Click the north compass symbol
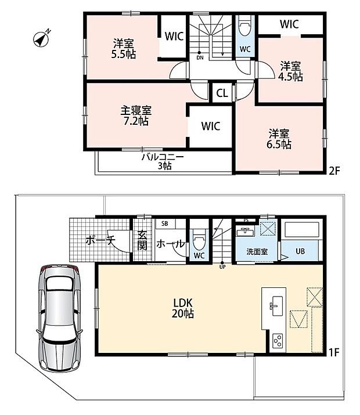pyautogui.click(x=41, y=39)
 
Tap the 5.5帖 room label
pyautogui.click(x=124, y=49)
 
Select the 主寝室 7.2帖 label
pyautogui.click(x=136, y=116)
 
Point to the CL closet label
pyautogui.click(x=222, y=93)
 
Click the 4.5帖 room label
pyautogui.click(x=290, y=71)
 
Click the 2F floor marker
pyautogui.click(x=334, y=171)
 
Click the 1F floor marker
pyautogui.click(x=334, y=352)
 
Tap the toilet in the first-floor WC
pyautogui.click(x=199, y=239)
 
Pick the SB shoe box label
pyautogui.click(x=165, y=223)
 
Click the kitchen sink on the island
pyautogui.click(x=276, y=306)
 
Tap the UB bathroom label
pyautogui.click(x=300, y=251)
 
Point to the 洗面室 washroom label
pyautogui.click(x=257, y=252)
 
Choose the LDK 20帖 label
pyautogui.click(x=183, y=308)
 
